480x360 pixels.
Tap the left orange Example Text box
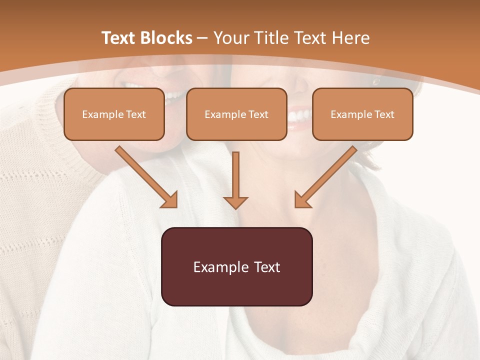pyautogui.click(x=114, y=114)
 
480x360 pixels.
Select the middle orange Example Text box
pyautogui.click(x=236, y=114)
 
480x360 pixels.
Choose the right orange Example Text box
pyautogui.click(x=362, y=114)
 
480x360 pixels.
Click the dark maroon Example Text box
pyautogui.click(x=236, y=266)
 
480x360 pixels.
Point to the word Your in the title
pyautogui.click(x=232, y=38)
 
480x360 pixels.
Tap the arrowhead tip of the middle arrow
pyautogui.click(x=235, y=207)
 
